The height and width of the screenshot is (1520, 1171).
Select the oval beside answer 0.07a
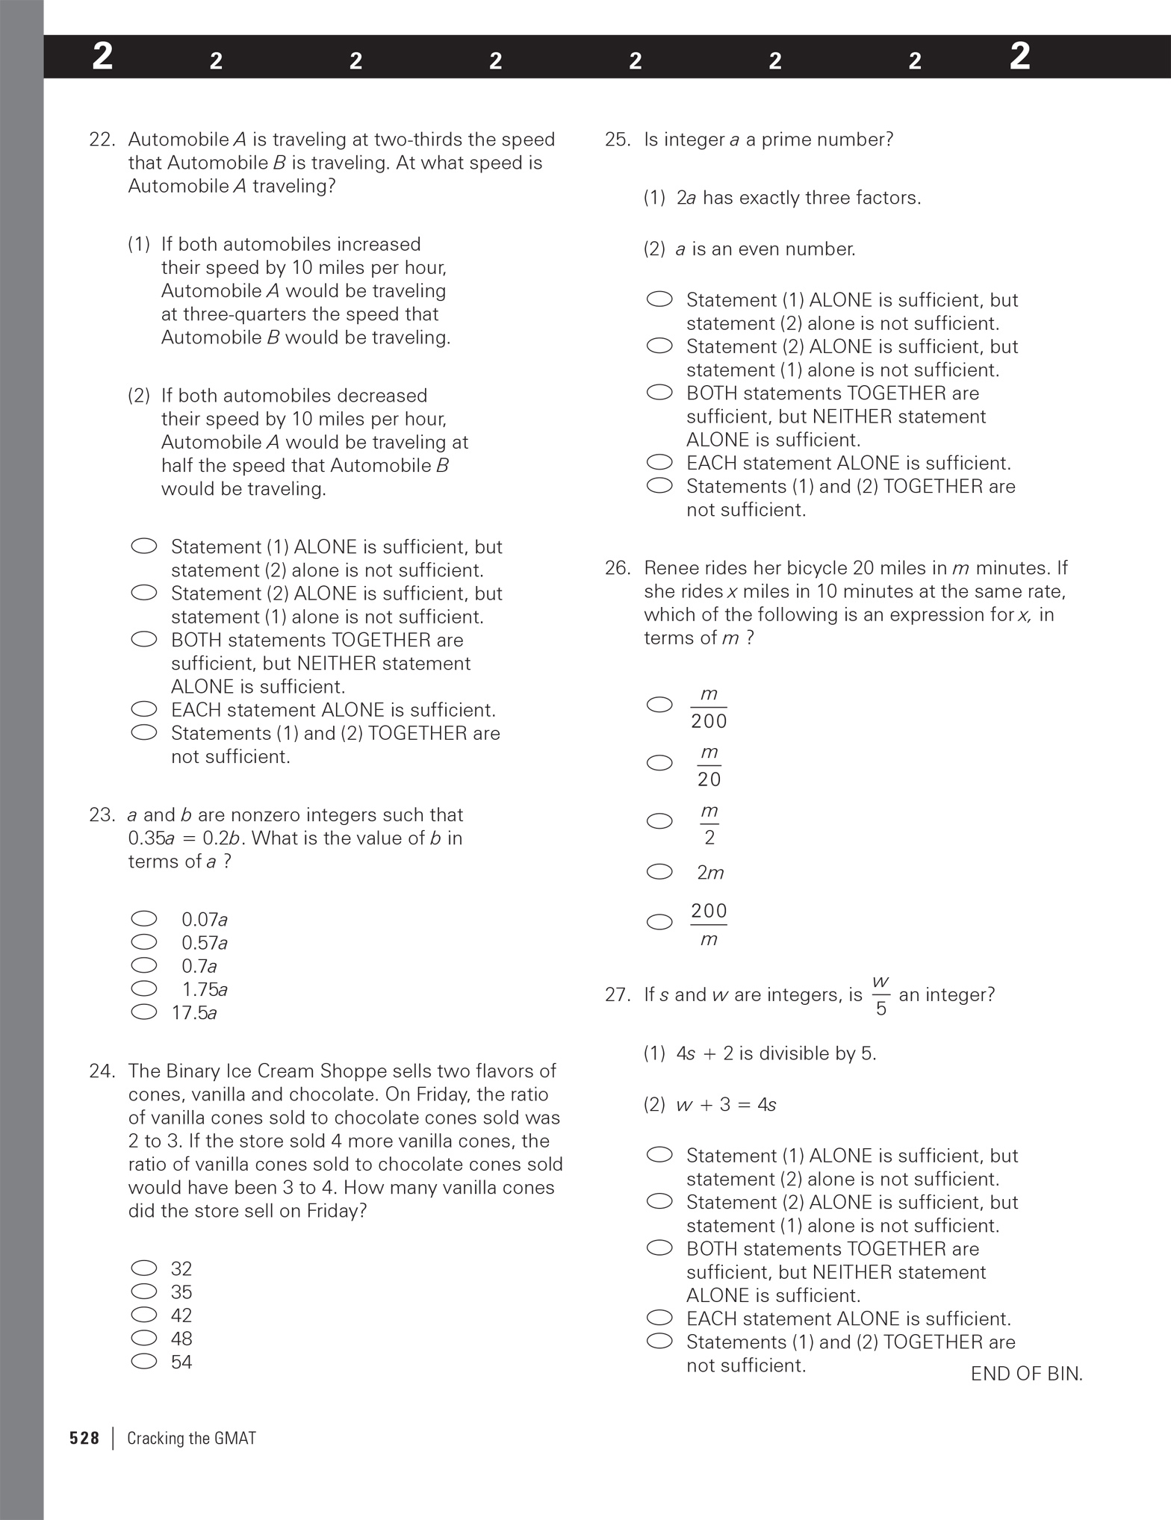click(144, 918)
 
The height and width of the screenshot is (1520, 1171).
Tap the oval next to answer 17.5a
click(144, 1012)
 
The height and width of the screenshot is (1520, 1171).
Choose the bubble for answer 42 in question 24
click(144, 1315)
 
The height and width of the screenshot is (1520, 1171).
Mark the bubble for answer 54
click(144, 1361)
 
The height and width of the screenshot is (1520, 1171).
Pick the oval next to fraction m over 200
click(659, 705)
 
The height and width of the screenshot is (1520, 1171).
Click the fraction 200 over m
click(709, 924)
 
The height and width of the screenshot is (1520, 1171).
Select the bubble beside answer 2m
click(659, 872)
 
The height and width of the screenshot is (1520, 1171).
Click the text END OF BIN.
click(1026, 1374)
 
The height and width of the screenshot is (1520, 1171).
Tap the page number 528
click(84, 1439)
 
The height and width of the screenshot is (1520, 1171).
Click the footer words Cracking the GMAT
click(191, 1439)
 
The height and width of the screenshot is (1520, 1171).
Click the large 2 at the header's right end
click(1019, 57)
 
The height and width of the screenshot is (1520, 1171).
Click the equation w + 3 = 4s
click(725, 1105)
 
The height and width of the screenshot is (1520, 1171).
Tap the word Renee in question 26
click(669, 568)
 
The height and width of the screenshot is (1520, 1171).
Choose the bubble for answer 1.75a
click(144, 988)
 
